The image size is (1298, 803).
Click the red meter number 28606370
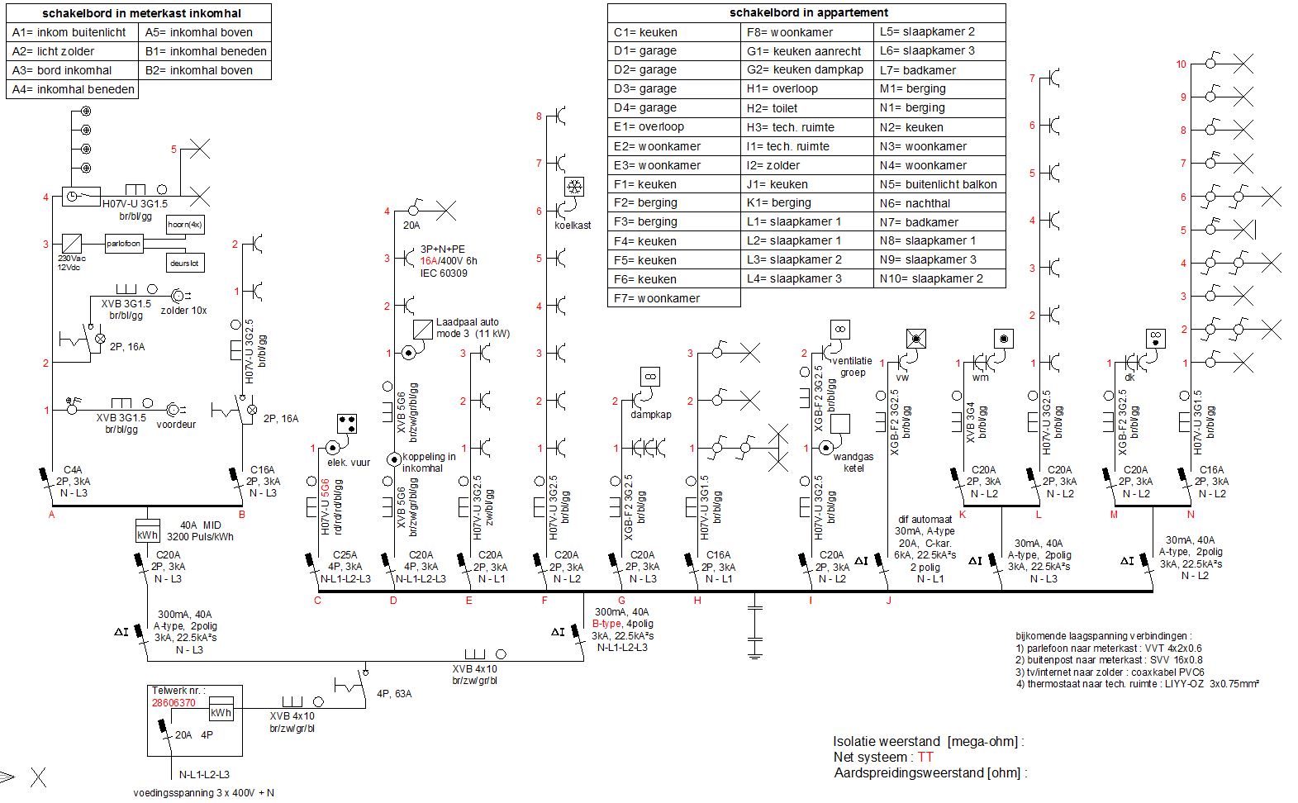[174, 703]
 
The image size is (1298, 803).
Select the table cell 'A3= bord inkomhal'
[73, 70]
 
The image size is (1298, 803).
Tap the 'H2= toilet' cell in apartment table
[807, 107]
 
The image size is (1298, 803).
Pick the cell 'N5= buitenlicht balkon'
[939, 184]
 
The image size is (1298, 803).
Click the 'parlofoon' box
[123, 244]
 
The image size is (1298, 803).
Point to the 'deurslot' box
[185, 263]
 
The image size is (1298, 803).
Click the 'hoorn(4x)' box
[185, 224]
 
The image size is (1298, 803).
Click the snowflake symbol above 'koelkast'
[574, 187]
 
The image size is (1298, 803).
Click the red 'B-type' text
[606, 624]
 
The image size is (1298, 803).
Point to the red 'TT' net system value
[925, 758]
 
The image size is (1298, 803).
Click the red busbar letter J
[888, 601]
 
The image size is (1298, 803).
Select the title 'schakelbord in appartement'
[808, 12]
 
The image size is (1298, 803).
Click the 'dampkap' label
[651, 414]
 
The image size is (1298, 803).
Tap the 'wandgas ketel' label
[853, 463]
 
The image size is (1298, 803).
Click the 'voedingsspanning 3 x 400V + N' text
[204, 793]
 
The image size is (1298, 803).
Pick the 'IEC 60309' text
[444, 273]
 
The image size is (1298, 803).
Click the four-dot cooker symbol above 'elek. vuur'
[347, 424]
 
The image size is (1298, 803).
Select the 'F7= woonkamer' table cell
[674, 297]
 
